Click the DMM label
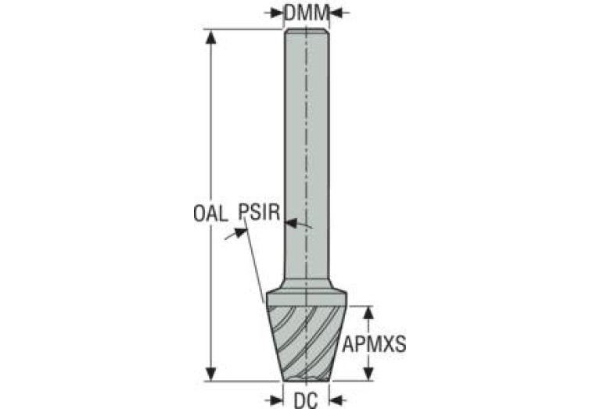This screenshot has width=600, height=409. click(x=307, y=13)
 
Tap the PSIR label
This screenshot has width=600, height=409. click(x=260, y=212)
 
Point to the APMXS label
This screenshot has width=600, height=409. click(x=374, y=343)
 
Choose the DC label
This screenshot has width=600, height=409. click(x=306, y=400)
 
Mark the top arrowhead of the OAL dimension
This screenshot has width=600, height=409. click(x=211, y=36)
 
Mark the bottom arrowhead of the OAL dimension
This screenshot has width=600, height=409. click(x=211, y=374)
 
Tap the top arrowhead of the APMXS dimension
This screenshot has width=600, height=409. click(x=368, y=313)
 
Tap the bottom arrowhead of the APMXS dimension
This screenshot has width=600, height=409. click(x=368, y=374)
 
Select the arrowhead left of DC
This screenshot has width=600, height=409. click(x=276, y=400)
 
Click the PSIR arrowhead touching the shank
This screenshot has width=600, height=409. click(x=292, y=223)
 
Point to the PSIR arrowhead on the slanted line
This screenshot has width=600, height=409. click(x=240, y=232)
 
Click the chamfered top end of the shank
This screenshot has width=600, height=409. click(x=307, y=31)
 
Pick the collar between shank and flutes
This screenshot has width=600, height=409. click(x=307, y=299)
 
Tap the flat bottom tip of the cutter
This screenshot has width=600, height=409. click(x=307, y=379)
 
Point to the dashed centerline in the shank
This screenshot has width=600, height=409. click(x=307, y=153)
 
